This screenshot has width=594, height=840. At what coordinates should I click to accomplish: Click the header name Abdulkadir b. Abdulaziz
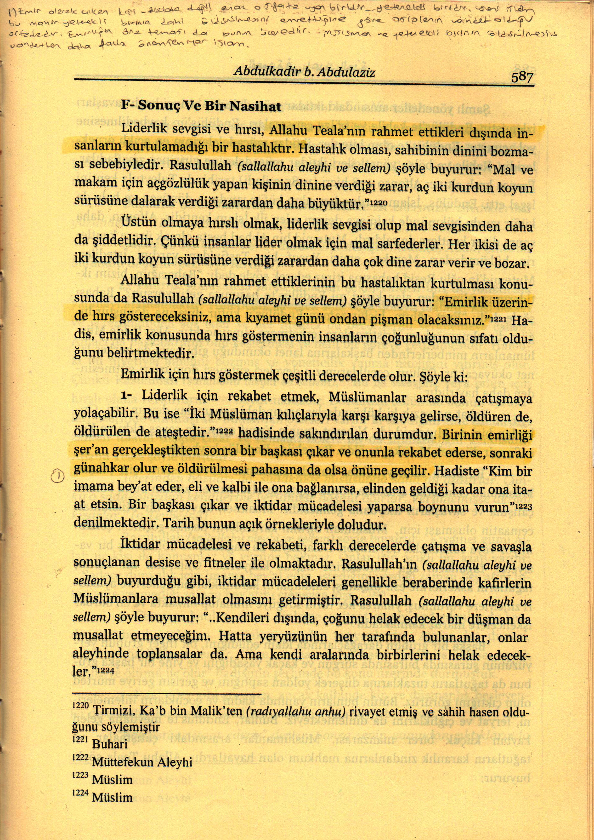point(304,72)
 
